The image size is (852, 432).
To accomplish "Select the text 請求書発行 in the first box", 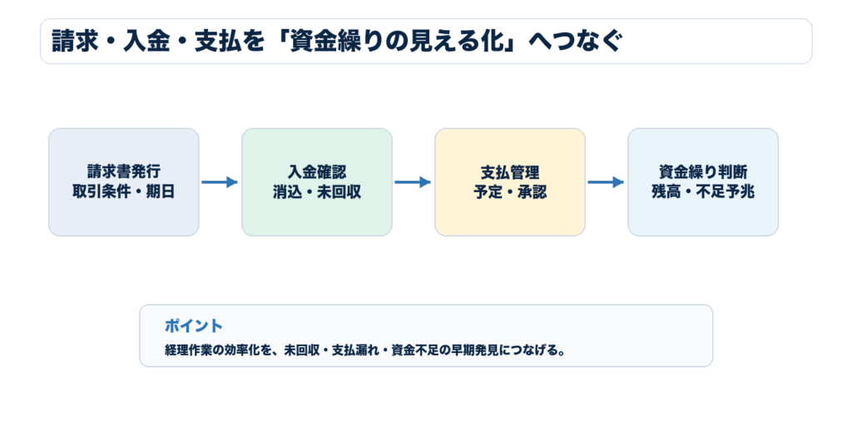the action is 124,171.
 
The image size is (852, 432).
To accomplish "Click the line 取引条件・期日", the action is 124,191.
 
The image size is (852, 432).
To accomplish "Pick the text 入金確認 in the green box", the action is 317,171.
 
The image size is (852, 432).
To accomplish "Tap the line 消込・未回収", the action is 317,191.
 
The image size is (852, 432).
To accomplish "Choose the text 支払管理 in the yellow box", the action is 510,171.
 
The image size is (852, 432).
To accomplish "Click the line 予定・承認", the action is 510,191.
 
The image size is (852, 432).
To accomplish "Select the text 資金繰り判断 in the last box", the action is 703,171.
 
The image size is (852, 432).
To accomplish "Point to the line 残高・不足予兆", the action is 703,191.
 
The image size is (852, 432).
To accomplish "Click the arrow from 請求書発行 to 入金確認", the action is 220,182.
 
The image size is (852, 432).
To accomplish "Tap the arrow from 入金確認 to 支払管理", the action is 413,182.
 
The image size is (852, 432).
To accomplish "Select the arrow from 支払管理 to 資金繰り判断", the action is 606,182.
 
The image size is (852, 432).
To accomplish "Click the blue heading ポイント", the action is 193,325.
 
